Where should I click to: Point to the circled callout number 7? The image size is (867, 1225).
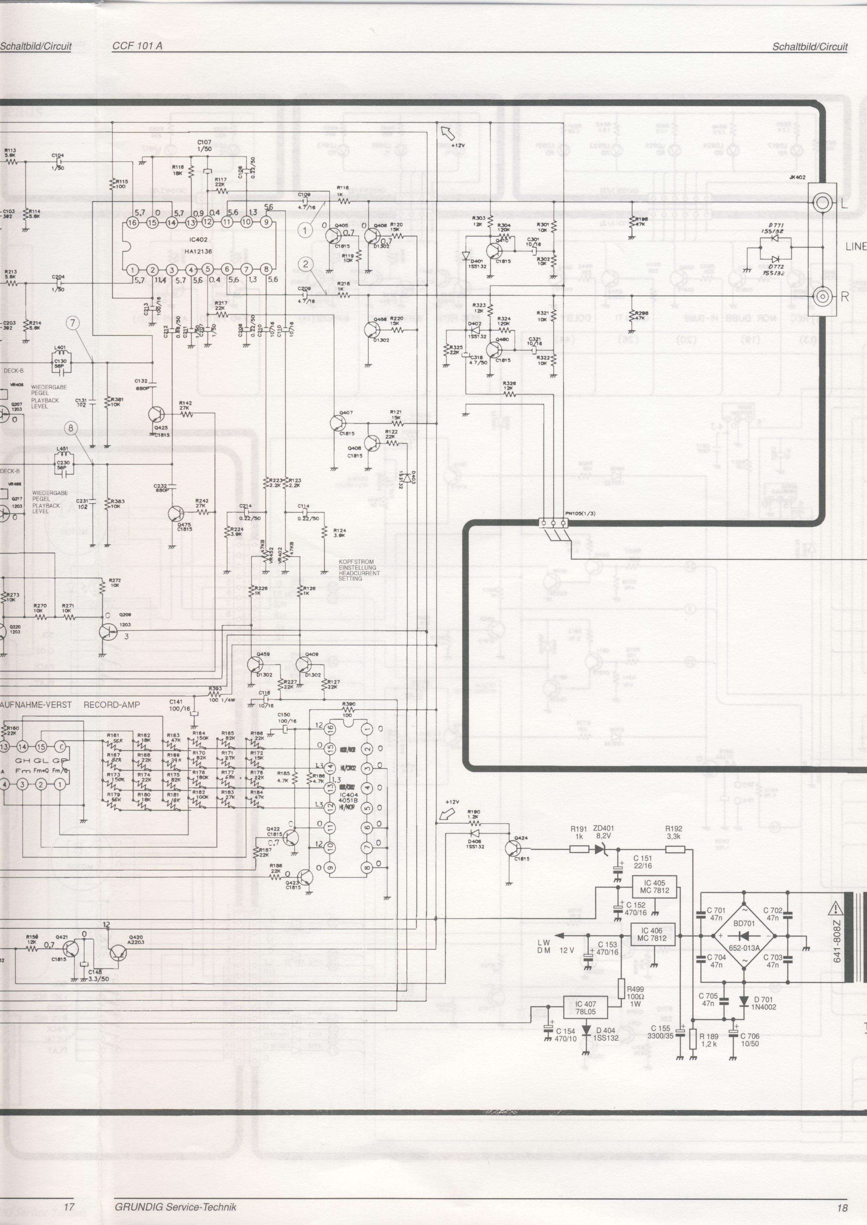(x=73, y=323)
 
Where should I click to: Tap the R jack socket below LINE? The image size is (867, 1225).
(x=823, y=296)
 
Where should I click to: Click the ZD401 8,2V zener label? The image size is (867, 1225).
(x=603, y=832)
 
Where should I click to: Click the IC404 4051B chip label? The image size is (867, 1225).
(x=348, y=798)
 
